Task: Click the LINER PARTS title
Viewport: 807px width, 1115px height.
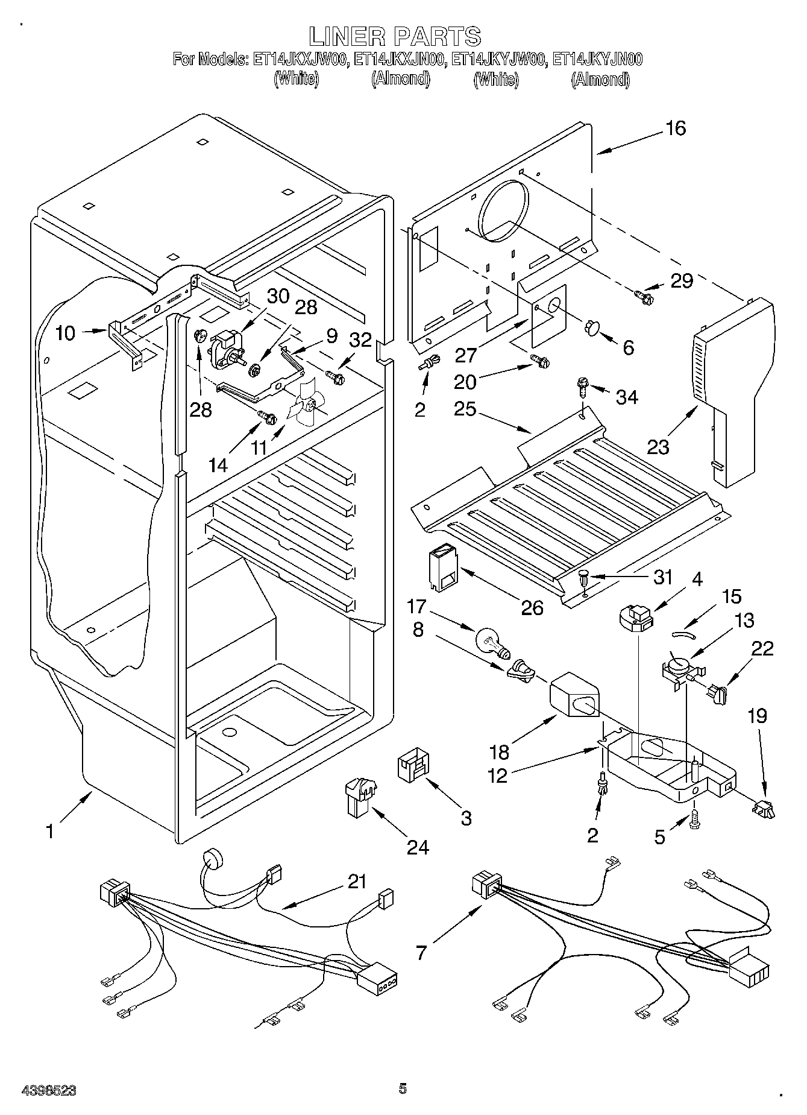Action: pos(395,36)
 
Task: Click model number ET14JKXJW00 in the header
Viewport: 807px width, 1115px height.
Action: pos(300,59)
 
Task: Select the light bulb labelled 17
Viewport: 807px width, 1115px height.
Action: pos(492,642)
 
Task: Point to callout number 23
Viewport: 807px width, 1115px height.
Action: pos(658,447)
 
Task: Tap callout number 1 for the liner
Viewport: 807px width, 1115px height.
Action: pos(50,831)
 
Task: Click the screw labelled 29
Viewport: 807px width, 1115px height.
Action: pos(643,295)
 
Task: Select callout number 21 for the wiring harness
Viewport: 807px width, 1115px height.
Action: pos(357,882)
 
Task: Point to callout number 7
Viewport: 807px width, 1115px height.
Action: pos(421,953)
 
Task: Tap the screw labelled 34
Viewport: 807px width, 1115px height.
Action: pos(583,385)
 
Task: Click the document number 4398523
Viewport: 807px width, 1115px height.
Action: pos(49,1090)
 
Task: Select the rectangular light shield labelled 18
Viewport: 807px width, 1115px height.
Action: pos(576,696)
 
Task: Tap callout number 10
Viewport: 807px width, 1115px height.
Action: pos(65,333)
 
